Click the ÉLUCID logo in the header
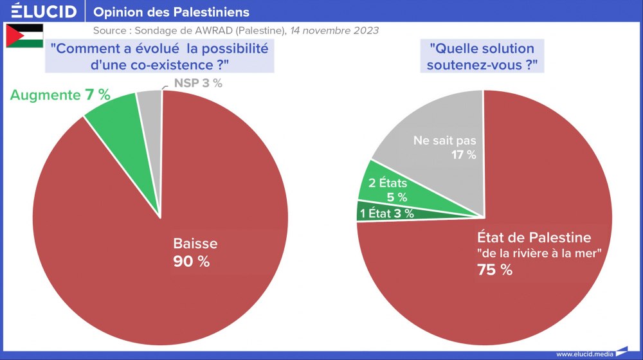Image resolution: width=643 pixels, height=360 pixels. (40, 12)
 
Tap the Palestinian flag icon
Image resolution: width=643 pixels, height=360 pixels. (24, 36)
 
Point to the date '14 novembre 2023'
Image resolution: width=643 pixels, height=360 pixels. (334, 30)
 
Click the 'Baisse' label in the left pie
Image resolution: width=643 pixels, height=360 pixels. (195, 244)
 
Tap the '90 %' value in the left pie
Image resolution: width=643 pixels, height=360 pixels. (192, 262)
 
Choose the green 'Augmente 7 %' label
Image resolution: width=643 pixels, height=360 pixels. (60, 95)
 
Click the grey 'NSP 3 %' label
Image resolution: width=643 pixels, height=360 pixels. (198, 84)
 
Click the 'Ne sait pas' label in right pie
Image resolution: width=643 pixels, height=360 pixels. (445, 139)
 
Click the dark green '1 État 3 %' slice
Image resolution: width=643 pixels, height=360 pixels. (387, 213)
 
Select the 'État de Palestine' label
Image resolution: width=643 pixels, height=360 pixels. (534, 237)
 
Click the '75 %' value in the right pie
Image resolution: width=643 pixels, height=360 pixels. (494, 270)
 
